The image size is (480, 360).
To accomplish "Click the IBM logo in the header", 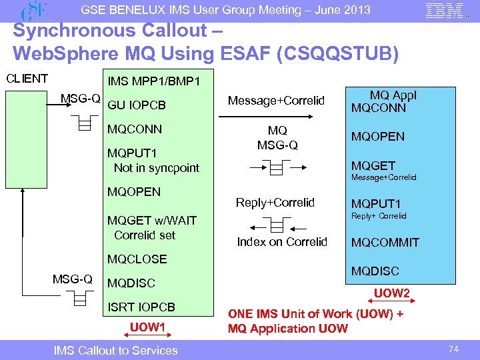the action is (443, 11).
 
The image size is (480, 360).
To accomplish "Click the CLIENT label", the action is (27, 78).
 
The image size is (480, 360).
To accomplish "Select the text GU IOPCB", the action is (137, 105).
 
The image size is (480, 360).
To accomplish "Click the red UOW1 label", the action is (147, 327).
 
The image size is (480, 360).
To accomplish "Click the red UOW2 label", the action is (392, 293).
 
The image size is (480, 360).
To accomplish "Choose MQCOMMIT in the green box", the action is (385, 243).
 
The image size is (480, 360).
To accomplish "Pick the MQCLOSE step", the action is (137, 259).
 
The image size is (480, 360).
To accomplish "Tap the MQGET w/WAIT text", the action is (151, 221).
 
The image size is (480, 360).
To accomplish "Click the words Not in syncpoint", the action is (157, 168).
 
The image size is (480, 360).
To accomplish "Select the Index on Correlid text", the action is (282, 242).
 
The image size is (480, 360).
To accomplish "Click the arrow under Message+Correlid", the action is (276, 117).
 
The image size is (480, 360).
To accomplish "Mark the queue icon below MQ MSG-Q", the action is (275, 167).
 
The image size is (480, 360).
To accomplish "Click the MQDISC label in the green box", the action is (375, 271).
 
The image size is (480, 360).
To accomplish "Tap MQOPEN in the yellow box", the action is (134, 192).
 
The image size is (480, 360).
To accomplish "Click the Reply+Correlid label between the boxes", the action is (276, 203).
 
